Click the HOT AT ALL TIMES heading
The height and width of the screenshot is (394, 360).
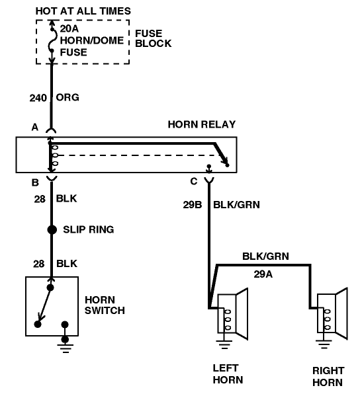click(x=83, y=11)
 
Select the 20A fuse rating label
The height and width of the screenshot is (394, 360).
click(x=69, y=29)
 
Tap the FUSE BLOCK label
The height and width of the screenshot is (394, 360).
click(x=154, y=38)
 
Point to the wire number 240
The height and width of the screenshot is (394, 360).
click(x=38, y=98)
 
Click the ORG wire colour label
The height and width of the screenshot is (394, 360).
click(x=67, y=97)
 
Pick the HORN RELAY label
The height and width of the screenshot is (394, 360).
click(x=202, y=124)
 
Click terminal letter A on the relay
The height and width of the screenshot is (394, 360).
click(x=35, y=127)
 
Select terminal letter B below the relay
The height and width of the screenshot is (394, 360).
click(x=35, y=182)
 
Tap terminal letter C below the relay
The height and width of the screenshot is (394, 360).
click(x=194, y=181)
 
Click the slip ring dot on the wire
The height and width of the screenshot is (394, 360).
click(x=52, y=229)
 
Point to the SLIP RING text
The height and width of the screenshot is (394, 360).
click(x=89, y=229)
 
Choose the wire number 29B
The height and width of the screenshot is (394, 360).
click(x=193, y=205)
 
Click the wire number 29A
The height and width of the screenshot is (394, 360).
click(x=263, y=274)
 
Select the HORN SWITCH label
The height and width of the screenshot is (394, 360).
click(x=105, y=305)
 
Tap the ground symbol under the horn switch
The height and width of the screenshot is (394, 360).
click(x=65, y=346)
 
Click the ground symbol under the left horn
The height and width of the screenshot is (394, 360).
click(x=224, y=344)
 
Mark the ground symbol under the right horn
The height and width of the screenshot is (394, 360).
click(x=324, y=344)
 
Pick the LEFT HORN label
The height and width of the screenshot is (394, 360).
click(x=228, y=374)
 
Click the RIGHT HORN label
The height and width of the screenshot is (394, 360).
click(x=328, y=376)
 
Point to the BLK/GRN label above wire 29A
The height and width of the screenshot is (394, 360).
click(x=265, y=256)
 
